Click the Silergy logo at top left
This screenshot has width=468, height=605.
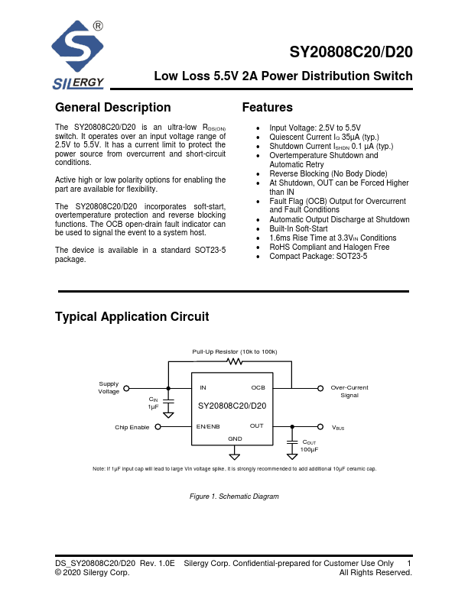click(79, 56)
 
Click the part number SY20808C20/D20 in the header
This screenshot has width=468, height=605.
click(351, 53)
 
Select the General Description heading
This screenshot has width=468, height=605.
click(113, 108)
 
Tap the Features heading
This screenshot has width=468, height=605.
click(267, 108)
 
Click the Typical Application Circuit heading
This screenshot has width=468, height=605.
click(132, 317)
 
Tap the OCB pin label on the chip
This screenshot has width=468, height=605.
click(258, 388)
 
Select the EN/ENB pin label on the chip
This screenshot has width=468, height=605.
click(208, 425)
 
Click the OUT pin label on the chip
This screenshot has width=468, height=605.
click(257, 425)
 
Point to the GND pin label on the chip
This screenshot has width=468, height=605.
click(235, 438)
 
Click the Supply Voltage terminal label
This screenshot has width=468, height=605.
click(109, 388)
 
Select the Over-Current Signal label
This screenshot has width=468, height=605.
click(349, 392)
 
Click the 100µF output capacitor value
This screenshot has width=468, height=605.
click(310, 449)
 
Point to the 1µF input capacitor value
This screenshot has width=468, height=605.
click(153, 407)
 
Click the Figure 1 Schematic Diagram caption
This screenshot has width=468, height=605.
click(234, 497)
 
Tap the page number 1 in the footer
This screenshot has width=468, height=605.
click(410, 562)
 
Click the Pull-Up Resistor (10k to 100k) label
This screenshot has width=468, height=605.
click(235, 351)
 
